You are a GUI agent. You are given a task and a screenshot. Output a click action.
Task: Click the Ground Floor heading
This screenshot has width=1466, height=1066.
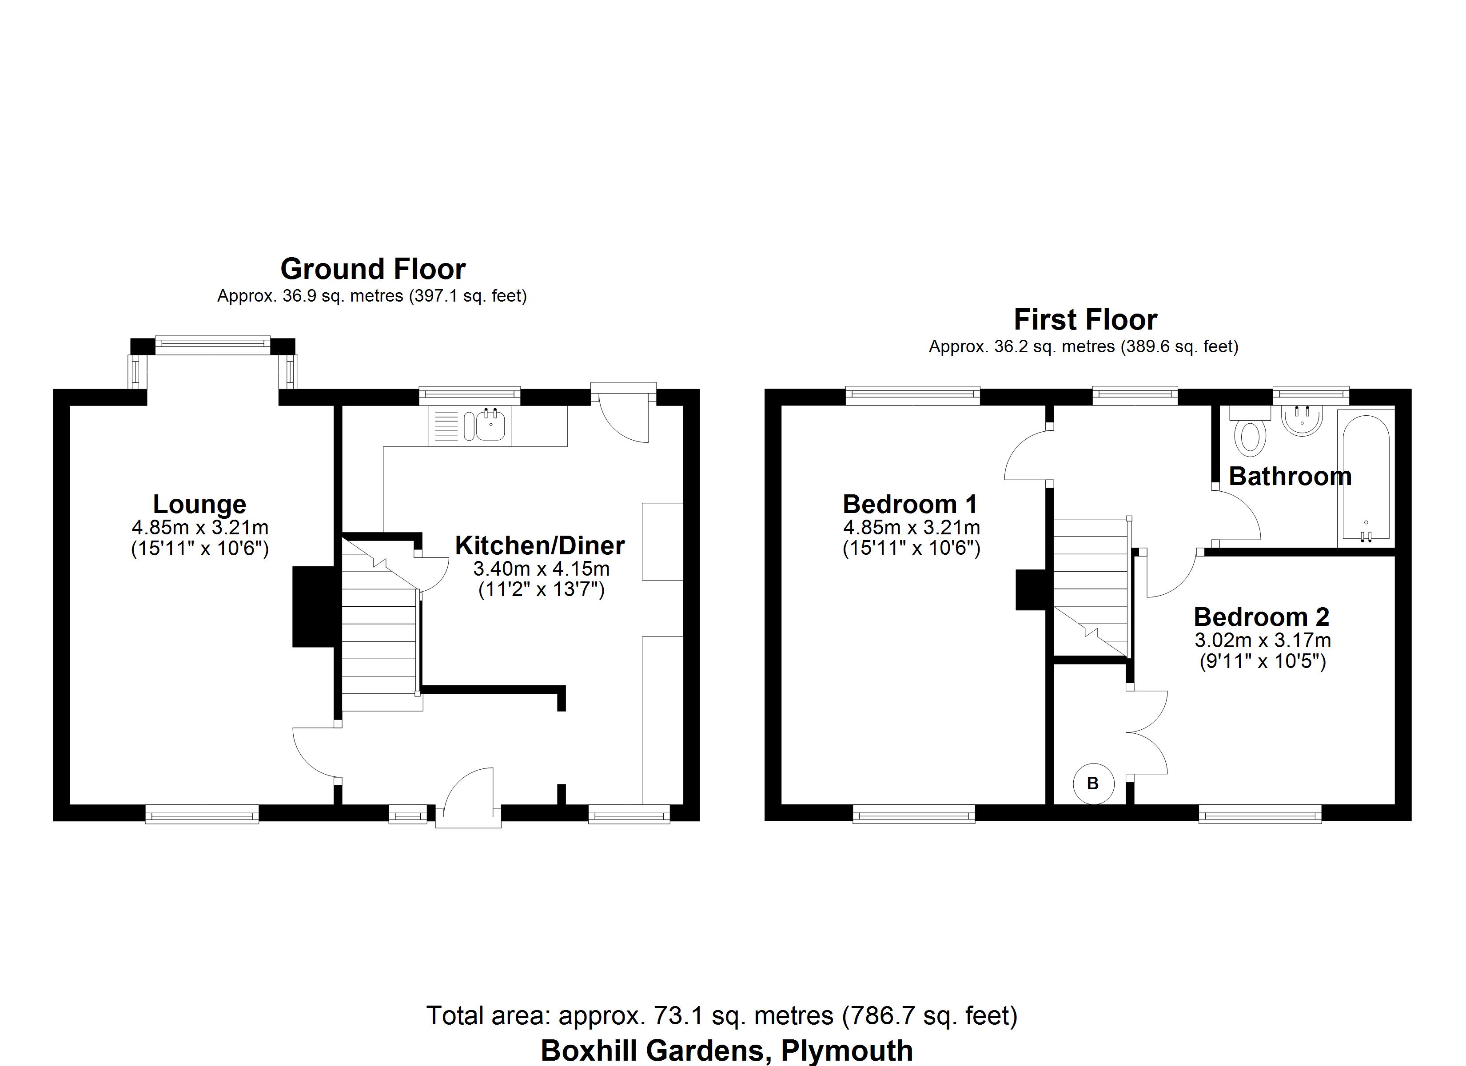click(x=373, y=269)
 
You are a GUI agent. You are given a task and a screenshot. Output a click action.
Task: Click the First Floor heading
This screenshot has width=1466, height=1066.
click(x=1085, y=319)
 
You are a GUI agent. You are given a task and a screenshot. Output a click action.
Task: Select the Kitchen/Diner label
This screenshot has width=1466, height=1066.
click(x=540, y=545)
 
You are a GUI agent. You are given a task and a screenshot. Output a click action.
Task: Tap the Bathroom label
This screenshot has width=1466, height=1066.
click(x=1290, y=477)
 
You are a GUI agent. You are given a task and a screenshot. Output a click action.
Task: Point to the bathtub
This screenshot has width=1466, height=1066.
click(x=1365, y=478)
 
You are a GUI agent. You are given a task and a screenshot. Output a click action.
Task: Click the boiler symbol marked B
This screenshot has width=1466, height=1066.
click(x=1093, y=784)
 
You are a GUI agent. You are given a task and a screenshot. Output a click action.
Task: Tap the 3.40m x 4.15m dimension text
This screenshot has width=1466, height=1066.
click(x=541, y=569)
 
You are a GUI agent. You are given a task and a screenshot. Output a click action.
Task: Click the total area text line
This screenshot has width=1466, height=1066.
click(x=721, y=1015)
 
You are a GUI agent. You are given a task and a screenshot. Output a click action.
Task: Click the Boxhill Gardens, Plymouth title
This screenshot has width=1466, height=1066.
click(x=726, y=1050)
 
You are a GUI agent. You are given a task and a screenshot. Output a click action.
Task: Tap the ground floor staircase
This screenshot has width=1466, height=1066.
click(x=378, y=640)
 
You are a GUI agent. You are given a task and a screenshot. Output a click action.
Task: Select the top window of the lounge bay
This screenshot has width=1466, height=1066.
click(x=213, y=345)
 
